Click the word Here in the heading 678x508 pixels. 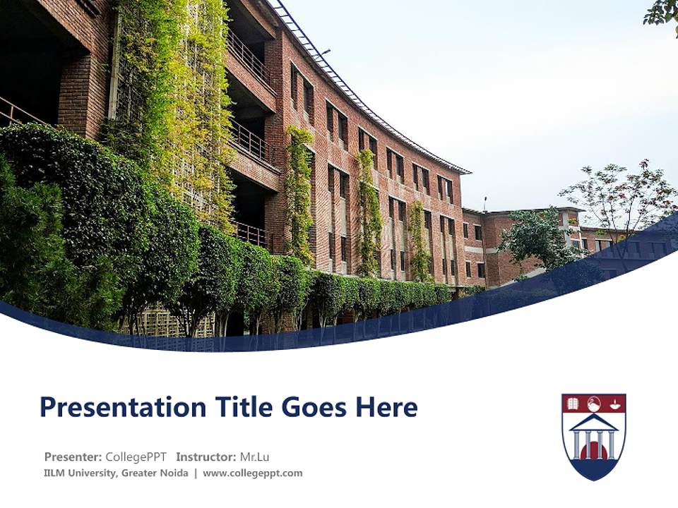click(386, 407)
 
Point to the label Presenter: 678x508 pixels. click(73, 456)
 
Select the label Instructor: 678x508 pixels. click(206, 456)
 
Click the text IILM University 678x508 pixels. click(78, 473)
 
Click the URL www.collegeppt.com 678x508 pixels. click(252, 473)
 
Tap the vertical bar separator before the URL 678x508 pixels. click(196, 473)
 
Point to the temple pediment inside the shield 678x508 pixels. click(593, 422)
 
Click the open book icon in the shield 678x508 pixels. click(573, 404)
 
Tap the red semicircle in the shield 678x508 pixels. click(593, 452)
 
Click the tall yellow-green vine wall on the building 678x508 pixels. click(177, 92)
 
